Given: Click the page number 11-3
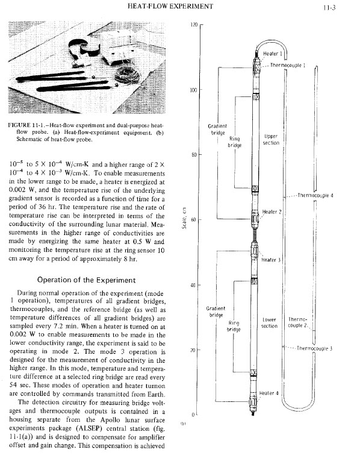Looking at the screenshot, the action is click(329, 8).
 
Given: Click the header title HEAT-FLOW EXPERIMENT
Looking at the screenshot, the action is click(170, 6).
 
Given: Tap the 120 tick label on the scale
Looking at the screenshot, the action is click(194, 25).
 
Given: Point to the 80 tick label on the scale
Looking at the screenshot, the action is click(194, 154).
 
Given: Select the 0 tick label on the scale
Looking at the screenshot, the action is click(193, 415).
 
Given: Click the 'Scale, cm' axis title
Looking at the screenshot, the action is click(184, 218).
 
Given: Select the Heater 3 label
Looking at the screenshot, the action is click(271, 260).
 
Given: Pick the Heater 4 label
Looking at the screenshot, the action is click(268, 393).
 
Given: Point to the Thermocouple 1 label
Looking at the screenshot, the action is click(288, 65).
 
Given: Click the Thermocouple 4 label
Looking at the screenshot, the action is click(315, 195).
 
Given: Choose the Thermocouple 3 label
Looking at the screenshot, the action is click(314, 348).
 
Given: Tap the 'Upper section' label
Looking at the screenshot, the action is click(271, 139).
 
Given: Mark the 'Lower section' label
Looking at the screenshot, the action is click(269, 323).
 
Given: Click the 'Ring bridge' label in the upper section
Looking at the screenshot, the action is click(235, 142).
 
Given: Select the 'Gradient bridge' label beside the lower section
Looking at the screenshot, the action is click(216, 312).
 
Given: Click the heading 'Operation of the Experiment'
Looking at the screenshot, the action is click(86, 280).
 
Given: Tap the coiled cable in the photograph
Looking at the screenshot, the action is click(127, 75).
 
